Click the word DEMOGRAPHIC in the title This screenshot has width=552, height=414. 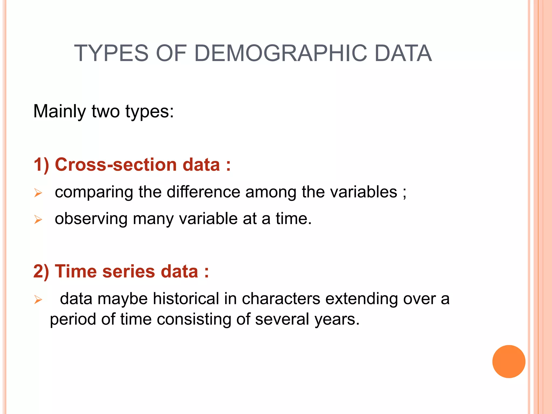point(280,53)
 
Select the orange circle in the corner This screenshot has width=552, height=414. point(509,361)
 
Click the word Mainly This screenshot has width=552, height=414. point(59,112)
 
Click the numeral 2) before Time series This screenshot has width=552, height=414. point(41,271)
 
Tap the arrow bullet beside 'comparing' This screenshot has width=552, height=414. point(38,193)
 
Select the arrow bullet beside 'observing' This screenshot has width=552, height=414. point(38,220)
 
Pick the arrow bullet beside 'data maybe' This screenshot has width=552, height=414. point(38,299)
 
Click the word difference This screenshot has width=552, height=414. point(203,192)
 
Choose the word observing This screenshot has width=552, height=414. point(91,219)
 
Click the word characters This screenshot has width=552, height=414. point(281,299)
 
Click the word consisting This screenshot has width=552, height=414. point(194,319)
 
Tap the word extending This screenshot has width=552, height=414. point(361,299)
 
